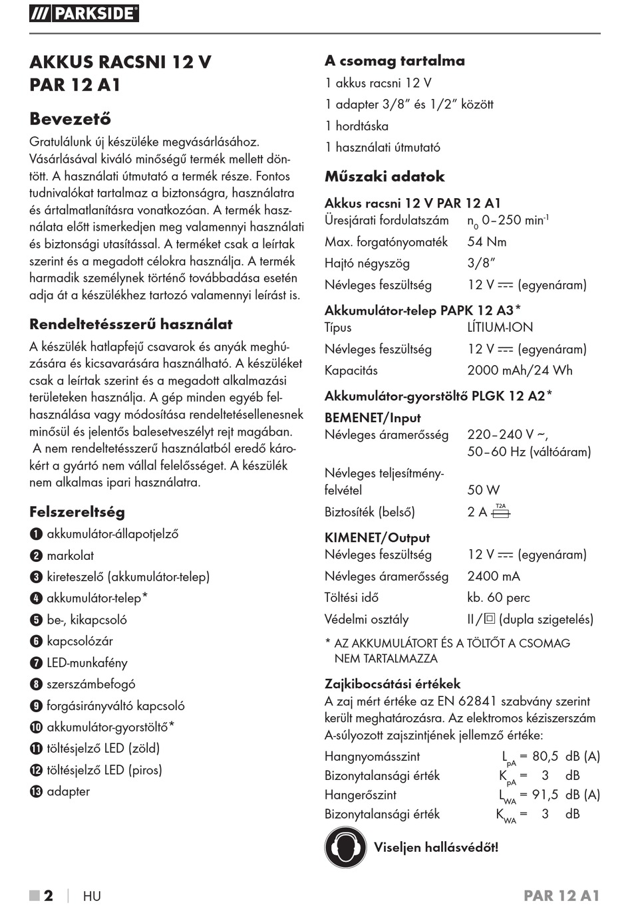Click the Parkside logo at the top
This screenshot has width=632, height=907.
pos(84,13)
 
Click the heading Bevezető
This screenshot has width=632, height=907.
pos(70,119)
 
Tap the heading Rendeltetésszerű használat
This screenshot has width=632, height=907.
pos(130,324)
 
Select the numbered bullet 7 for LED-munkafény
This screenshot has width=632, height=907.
pos(36,663)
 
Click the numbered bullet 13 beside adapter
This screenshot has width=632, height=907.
pos(36,792)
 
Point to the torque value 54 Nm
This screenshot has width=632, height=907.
pos(486,242)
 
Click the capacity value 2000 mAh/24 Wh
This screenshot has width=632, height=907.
pos(520,370)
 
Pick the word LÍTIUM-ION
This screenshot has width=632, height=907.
pos(500,327)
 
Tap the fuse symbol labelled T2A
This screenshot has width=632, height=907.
pos(500,511)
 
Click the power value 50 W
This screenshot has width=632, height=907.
pos(483,490)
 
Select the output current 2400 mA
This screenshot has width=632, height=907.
pos(494,577)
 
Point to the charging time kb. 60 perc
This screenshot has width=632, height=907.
pos(498,598)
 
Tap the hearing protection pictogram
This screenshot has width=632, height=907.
pos(345,847)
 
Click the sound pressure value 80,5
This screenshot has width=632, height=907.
pos(545,756)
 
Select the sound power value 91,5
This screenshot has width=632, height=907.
pos(545,795)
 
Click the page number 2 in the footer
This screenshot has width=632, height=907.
pos(49,896)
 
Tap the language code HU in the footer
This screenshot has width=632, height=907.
pos(92,896)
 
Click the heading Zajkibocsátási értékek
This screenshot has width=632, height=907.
pos(393,684)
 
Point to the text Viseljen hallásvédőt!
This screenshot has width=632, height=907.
pos(436,847)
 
